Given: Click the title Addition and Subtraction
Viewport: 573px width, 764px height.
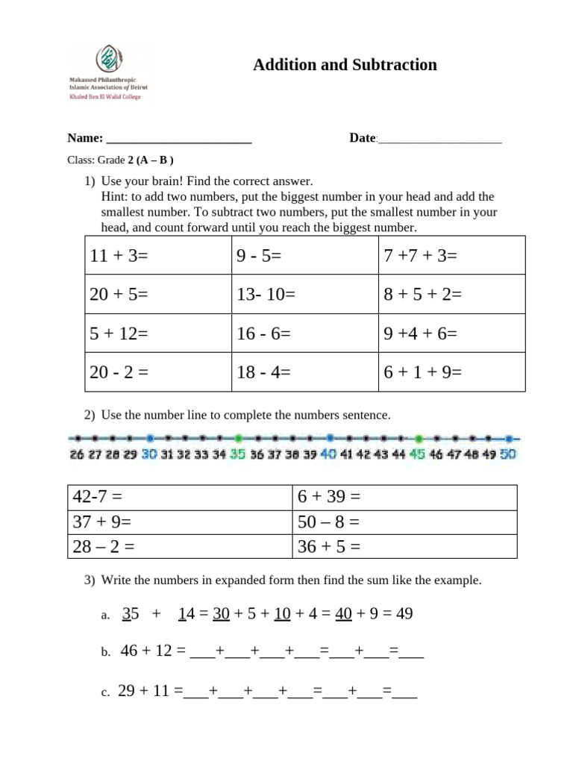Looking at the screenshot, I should click(345, 65).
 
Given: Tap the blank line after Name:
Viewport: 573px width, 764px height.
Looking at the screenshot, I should click(179, 139).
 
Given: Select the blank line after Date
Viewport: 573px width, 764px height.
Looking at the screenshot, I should click(440, 139).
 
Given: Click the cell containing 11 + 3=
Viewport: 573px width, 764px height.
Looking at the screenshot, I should click(157, 255).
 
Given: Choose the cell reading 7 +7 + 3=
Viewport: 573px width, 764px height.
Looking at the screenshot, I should click(451, 255).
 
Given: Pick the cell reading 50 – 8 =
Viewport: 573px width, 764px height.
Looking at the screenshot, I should click(404, 522).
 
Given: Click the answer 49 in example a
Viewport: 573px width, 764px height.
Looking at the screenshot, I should click(404, 614).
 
